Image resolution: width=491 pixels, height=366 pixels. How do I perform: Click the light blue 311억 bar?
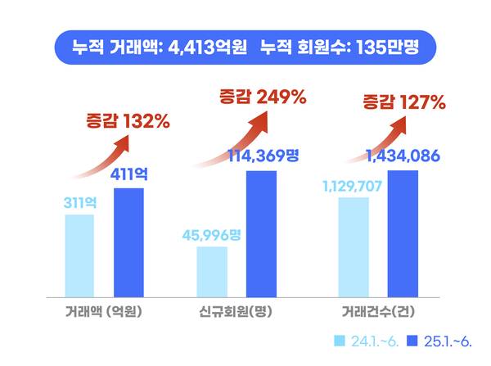coord(79,255)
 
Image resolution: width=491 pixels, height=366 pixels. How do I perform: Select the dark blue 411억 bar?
coord(128,242)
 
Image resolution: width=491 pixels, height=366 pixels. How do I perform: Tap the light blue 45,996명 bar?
coord(212,270)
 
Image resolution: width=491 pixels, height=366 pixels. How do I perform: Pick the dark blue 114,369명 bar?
coord(261,233)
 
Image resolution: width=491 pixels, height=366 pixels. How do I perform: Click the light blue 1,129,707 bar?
coord(354,246)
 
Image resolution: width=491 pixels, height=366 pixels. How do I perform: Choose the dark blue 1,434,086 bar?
coord(403,233)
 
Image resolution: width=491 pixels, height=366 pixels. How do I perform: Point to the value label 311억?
coord(79,201)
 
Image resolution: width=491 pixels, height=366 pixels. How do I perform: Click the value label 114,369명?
coord(261,156)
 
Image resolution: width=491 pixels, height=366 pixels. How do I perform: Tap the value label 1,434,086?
coord(403,156)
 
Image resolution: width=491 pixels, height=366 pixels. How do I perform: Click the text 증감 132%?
coord(128,122)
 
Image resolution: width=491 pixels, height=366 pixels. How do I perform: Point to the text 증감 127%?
coord(403,103)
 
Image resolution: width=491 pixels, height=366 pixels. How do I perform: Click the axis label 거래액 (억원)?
coord(104,312)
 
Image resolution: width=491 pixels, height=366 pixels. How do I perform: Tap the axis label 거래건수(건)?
coord(377,312)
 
